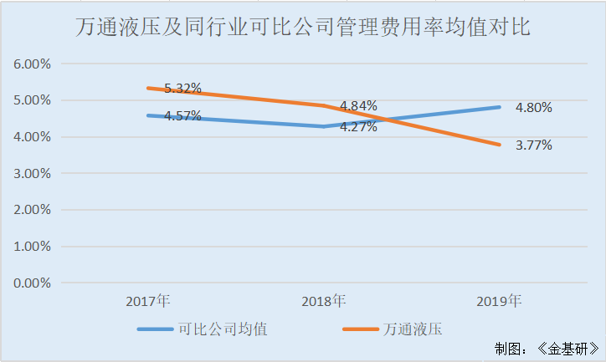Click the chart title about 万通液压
(x=302, y=28)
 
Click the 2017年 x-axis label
(x=148, y=300)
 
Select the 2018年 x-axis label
(x=323, y=300)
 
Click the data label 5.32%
(x=182, y=88)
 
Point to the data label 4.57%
(x=182, y=116)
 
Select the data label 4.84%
(x=358, y=106)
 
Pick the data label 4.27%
(x=358, y=127)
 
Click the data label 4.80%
(x=533, y=107)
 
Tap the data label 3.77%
(x=533, y=145)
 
